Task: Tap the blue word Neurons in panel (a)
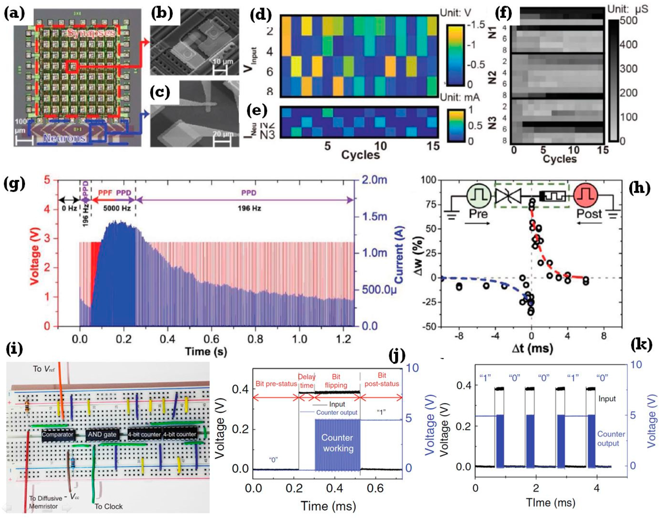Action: click(64, 138)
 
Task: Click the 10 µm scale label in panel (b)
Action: click(223, 62)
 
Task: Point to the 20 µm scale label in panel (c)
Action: click(223, 134)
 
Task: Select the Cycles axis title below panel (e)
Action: click(360, 155)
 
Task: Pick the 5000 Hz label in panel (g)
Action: click(113, 208)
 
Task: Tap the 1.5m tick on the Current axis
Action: click(374, 217)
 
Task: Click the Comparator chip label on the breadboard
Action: click(58, 435)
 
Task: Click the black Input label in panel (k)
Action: click(607, 399)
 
